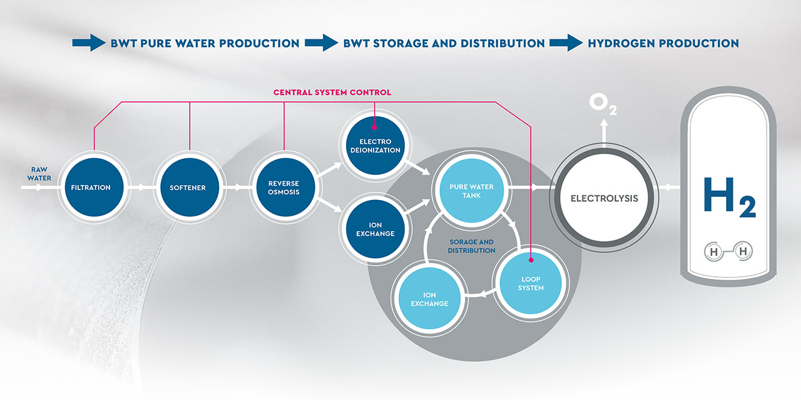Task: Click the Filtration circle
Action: [91, 187]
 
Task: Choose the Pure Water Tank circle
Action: [471, 191]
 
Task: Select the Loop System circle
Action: [531, 283]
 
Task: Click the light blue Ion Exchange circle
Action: [429, 299]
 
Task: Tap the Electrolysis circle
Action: [604, 198]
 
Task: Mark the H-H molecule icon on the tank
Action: [728, 251]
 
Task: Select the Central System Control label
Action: [332, 92]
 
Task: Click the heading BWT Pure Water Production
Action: [205, 44]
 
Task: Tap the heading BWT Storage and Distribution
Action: [444, 44]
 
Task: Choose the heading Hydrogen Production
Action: [663, 44]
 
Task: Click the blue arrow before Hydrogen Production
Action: [566, 43]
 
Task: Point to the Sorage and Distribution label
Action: [471, 246]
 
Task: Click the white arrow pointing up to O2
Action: [604, 131]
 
